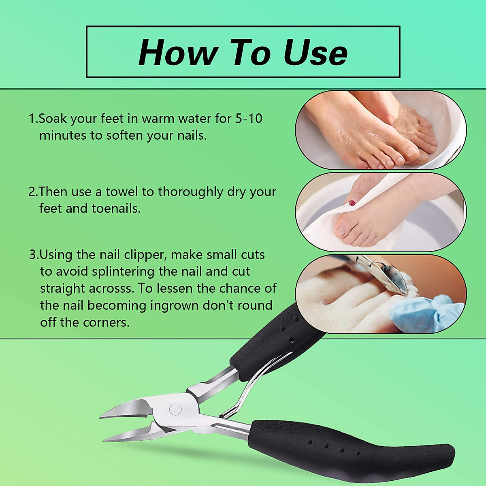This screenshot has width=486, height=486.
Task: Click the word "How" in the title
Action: coord(177,53)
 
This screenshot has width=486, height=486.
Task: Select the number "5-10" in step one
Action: coord(249,118)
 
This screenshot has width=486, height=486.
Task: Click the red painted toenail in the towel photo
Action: coord(352,202)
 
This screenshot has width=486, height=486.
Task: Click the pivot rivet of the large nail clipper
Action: coord(175,409)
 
